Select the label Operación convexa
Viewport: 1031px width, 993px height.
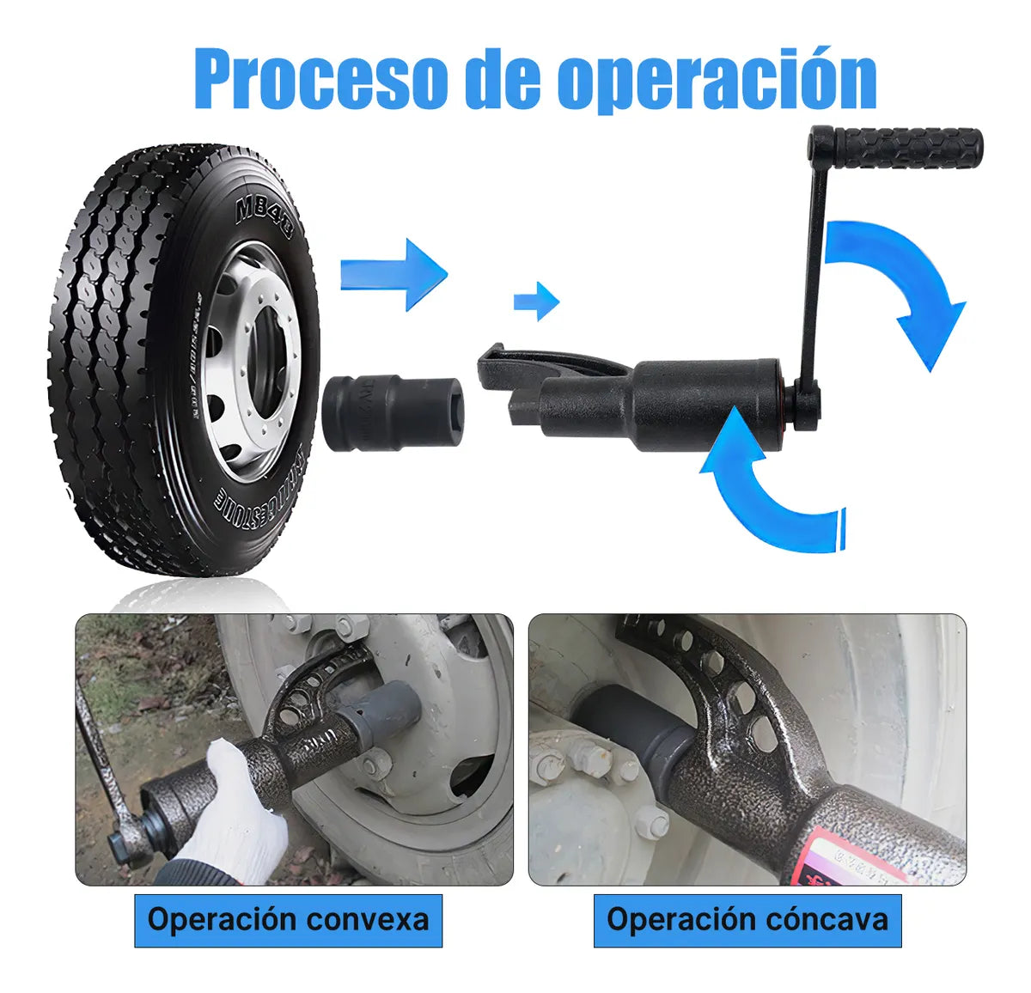click(288, 920)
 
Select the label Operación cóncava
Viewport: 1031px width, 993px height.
click(747, 920)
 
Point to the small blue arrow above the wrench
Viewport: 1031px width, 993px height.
click(536, 301)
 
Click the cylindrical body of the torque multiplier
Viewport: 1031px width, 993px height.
click(705, 395)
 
